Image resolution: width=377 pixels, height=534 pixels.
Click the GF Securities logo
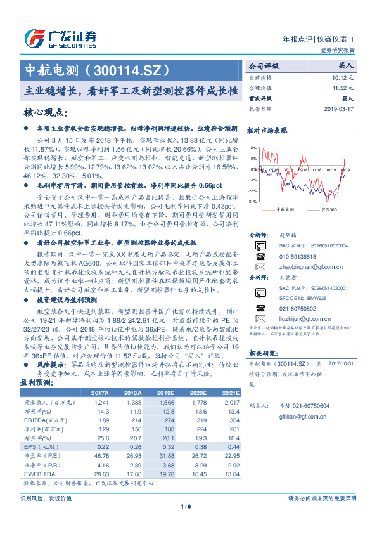click(60, 38)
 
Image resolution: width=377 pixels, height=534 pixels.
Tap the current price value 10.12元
click(344, 77)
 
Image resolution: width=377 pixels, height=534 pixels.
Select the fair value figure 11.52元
click(344, 88)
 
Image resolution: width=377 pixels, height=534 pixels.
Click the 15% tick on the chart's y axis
click(253, 148)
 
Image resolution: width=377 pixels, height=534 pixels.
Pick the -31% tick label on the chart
click(252, 201)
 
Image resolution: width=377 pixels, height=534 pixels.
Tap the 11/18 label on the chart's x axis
click(317, 169)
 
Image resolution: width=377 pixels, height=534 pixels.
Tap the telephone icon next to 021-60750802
click(260, 308)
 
